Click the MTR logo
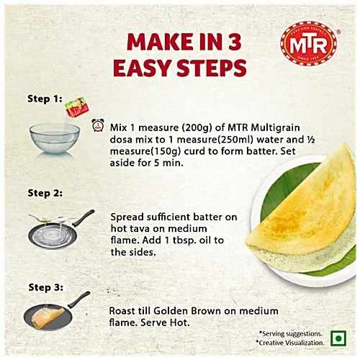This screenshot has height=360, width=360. pyautogui.click(x=307, y=45)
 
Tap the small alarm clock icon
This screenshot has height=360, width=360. pyautogui.click(x=97, y=126)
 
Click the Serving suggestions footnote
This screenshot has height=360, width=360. pyautogui.click(x=291, y=333)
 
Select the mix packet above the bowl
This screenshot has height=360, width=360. pyautogui.click(x=75, y=109)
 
